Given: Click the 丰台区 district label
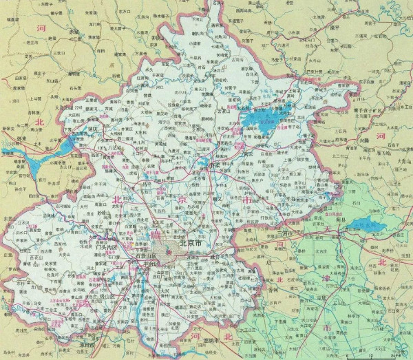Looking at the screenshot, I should [149, 264].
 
